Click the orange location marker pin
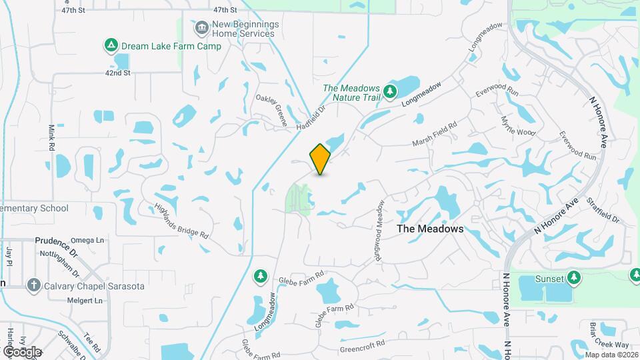321,159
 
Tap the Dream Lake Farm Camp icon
111,45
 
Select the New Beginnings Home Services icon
201,28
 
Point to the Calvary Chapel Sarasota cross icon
33,285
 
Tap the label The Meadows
430,229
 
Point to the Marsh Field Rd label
434,133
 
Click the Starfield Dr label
603,210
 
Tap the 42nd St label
117,73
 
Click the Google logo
23,351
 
